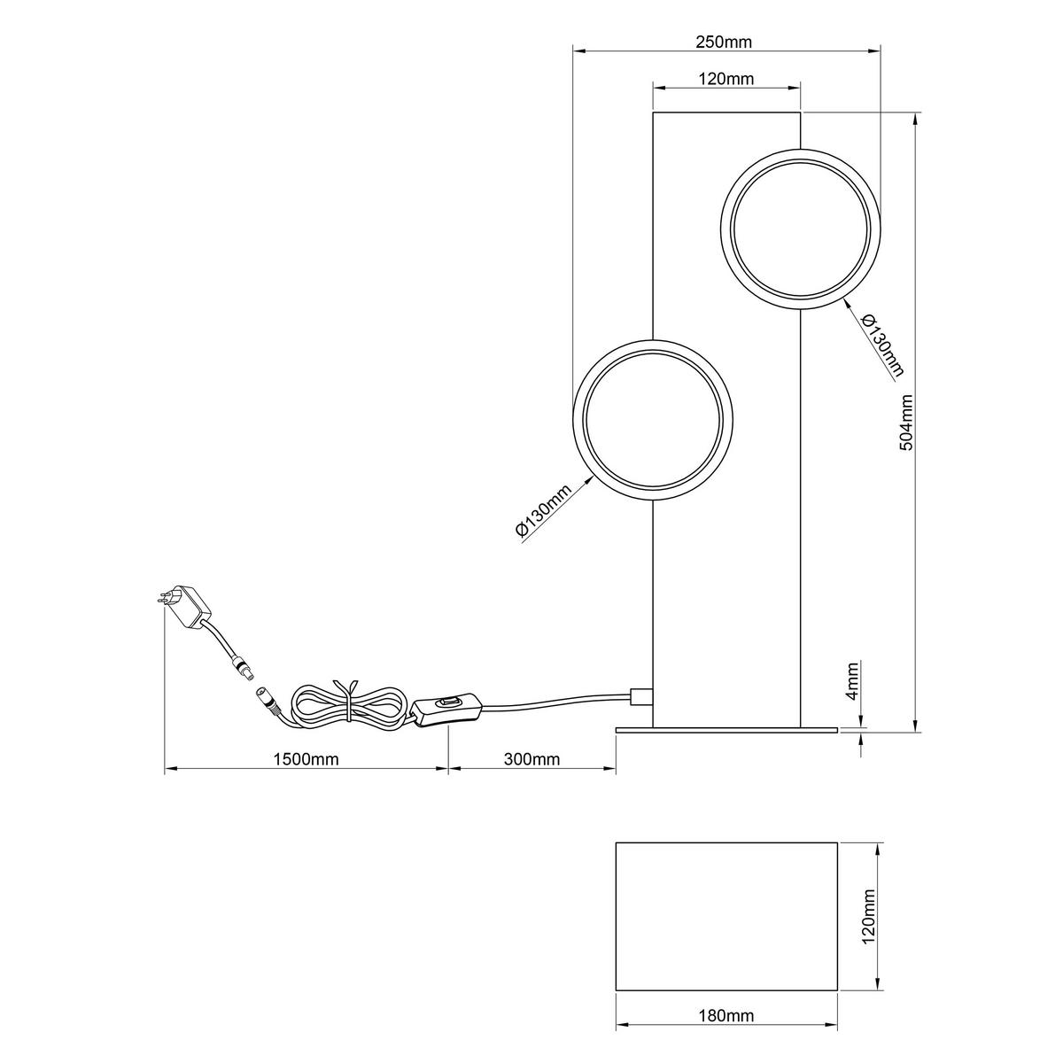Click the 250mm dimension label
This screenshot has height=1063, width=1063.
[723, 42]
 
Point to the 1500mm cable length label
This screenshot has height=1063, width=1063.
[306, 759]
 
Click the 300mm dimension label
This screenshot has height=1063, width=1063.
[531, 759]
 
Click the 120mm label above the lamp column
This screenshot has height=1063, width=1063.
[726, 79]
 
